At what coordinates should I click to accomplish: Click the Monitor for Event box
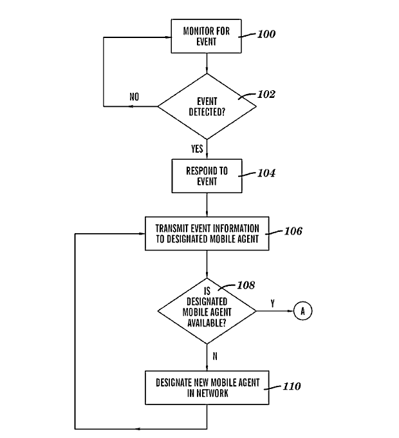pyautogui.click(x=207, y=35)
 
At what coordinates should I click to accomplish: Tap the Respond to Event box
pyautogui.click(x=207, y=176)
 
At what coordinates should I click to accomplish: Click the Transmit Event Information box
pyautogui.click(x=207, y=233)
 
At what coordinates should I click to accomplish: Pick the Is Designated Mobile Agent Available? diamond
pyautogui.click(x=207, y=311)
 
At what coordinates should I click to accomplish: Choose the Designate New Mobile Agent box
pyautogui.click(x=207, y=387)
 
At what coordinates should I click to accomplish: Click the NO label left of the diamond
pyautogui.click(x=134, y=97)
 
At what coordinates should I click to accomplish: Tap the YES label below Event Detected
pyautogui.click(x=197, y=148)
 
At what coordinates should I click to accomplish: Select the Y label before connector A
pyautogui.click(x=273, y=303)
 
